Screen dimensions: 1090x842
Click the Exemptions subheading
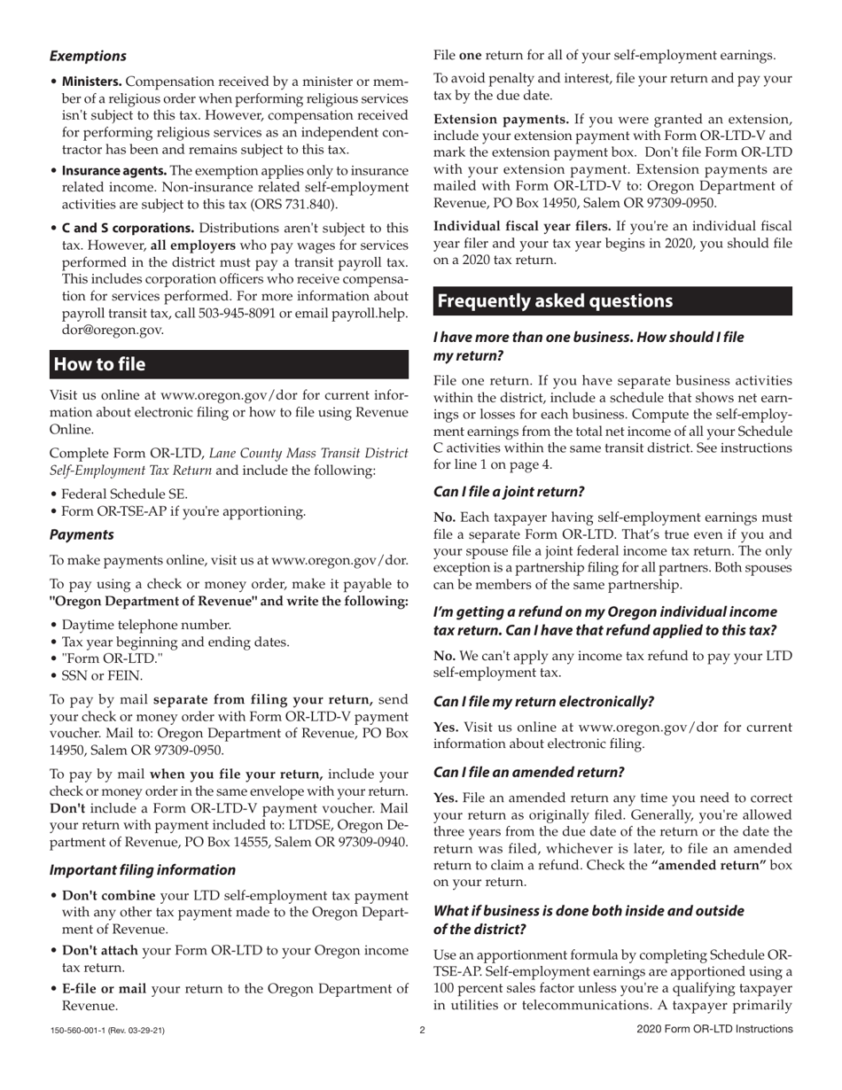click(88, 56)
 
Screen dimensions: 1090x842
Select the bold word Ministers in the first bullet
click(91, 82)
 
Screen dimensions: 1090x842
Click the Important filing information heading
click(142, 869)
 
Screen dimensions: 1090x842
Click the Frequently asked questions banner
click(555, 300)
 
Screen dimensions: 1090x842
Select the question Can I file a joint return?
click(509, 491)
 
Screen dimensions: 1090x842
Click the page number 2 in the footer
click(422, 1030)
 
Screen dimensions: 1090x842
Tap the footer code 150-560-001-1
click(80, 1030)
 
